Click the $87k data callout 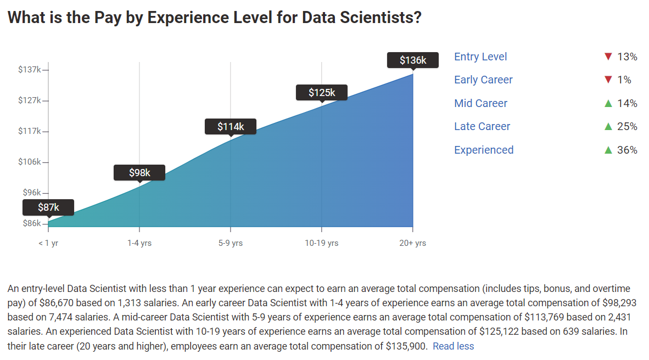tap(48, 207)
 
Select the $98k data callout tap(139, 173)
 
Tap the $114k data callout tap(230, 127)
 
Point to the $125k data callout tap(321, 93)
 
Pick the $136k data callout tap(412, 60)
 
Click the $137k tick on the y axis tap(30, 70)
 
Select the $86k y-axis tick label tap(31, 223)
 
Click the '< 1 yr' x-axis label tap(48, 243)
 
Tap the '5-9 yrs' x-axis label tap(230, 243)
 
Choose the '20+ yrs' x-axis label tap(412, 243)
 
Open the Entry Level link tap(480, 57)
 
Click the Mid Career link tap(480, 104)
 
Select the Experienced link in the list tap(484, 150)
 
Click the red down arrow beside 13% tap(608, 57)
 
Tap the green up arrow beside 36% tap(608, 150)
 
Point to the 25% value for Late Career tap(627, 127)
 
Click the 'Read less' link tap(453, 346)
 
